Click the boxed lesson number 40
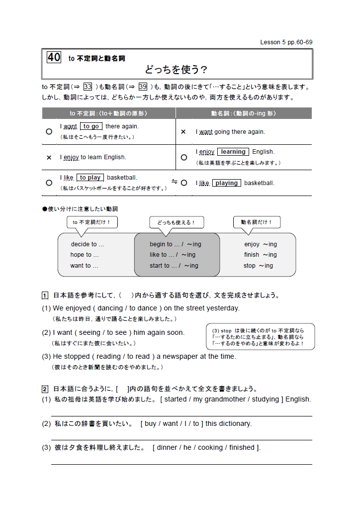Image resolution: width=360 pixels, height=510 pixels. tap(54, 57)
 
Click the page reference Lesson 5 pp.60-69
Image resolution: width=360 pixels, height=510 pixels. tap(286, 42)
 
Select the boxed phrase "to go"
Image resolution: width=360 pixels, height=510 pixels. tap(91, 126)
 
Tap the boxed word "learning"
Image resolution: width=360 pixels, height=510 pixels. tap(233, 152)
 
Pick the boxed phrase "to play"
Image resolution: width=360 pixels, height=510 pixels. tap(90, 178)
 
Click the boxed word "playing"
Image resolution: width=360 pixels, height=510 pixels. tap(227, 183)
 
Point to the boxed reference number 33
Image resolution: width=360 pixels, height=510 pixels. tap(88, 87)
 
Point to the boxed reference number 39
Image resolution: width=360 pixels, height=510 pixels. tap(143, 87)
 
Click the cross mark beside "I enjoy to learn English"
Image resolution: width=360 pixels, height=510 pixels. tap(49, 157)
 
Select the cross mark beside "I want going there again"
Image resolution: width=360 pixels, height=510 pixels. tap(183, 132)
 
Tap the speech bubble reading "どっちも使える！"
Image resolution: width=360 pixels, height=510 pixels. tap(177, 222)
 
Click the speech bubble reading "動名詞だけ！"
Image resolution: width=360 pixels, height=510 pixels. tap(257, 222)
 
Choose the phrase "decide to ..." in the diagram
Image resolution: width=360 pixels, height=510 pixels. tap(88, 244)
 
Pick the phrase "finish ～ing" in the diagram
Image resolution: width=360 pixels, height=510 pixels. tap(260, 255)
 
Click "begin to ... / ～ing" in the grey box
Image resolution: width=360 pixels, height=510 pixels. tap(176, 244)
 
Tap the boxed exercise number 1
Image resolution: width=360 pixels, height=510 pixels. tap(45, 295)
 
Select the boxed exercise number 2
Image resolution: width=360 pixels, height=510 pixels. tap(45, 389)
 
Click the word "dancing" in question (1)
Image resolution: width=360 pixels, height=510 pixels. tap(110, 308)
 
